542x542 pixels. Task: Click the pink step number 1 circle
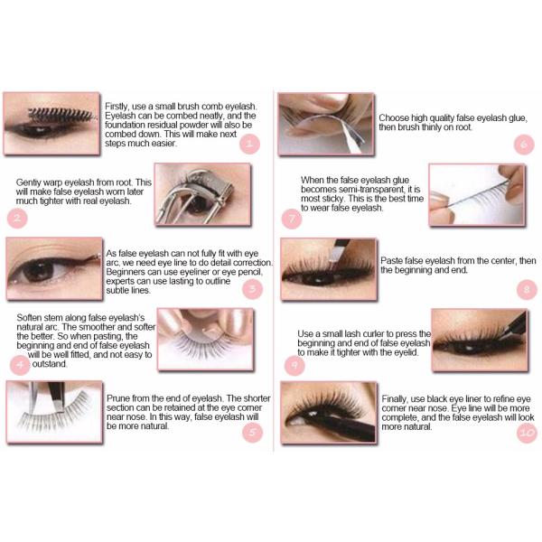click(249, 144)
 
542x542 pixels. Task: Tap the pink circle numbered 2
click(17, 218)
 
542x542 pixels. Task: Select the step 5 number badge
click(253, 432)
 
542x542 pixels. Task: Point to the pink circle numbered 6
click(524, 145)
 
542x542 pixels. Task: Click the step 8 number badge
click(528, 289)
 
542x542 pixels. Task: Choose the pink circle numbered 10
click(528, 433)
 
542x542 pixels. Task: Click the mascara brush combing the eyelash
click(61, 115)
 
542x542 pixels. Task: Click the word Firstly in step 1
click(117, 107)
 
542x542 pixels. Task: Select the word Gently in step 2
click(27, 182)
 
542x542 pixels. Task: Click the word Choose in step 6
click(392, 118)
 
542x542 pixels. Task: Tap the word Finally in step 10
click(395, 399)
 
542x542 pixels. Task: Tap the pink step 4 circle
click(20, 365)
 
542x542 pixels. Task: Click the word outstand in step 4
click(50, 364)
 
